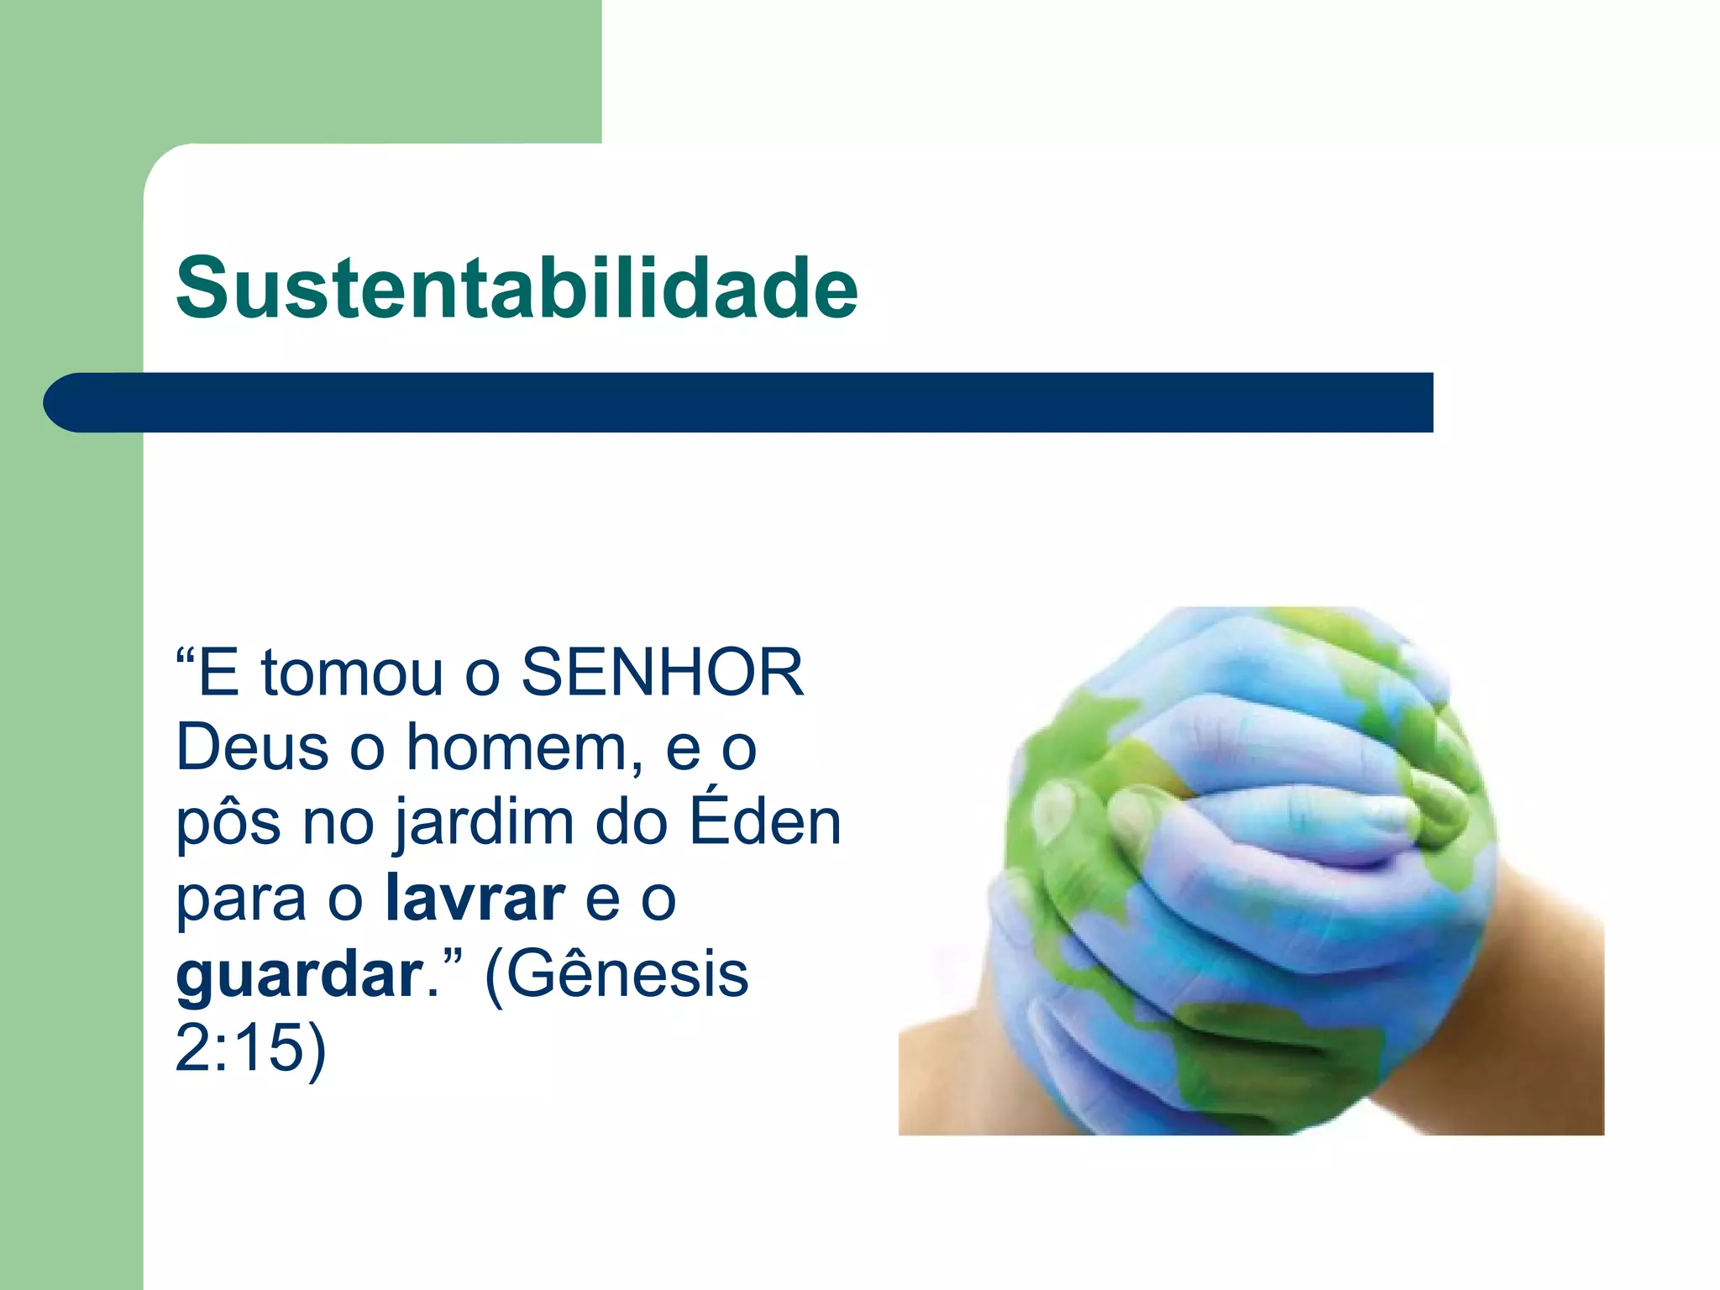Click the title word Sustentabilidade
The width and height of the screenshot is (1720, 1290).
[517, 288]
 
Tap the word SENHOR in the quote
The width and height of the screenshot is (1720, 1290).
[663, 673]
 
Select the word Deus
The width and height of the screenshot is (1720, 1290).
[252, 747]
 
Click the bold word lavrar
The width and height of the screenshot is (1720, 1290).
[475, 898]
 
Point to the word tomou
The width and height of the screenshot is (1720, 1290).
[352, 673]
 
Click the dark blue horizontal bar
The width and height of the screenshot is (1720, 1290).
[756, 402]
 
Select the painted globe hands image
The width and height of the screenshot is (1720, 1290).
[1251, 870]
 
